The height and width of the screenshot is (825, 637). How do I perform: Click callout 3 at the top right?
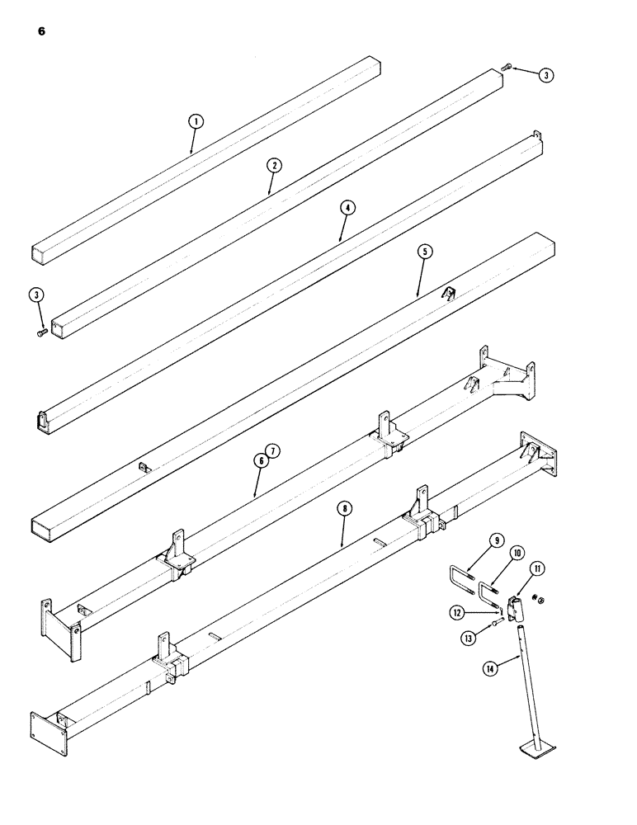pyautogui.click(x=546, y=75)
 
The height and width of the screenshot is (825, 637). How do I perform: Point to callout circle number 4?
pyautogui.click(x=347, y=208)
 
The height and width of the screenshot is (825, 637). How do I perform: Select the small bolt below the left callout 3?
pyautogui.click(x=43, y=332)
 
